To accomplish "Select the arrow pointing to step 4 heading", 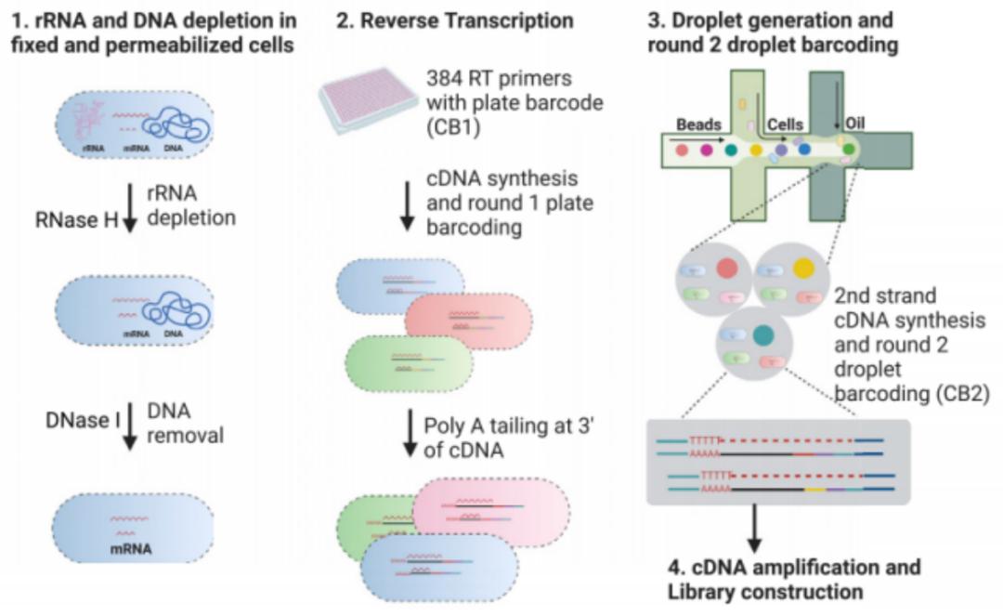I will (755, 531).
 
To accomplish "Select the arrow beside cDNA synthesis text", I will (407, 211).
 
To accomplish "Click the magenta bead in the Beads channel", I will (707, 149).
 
